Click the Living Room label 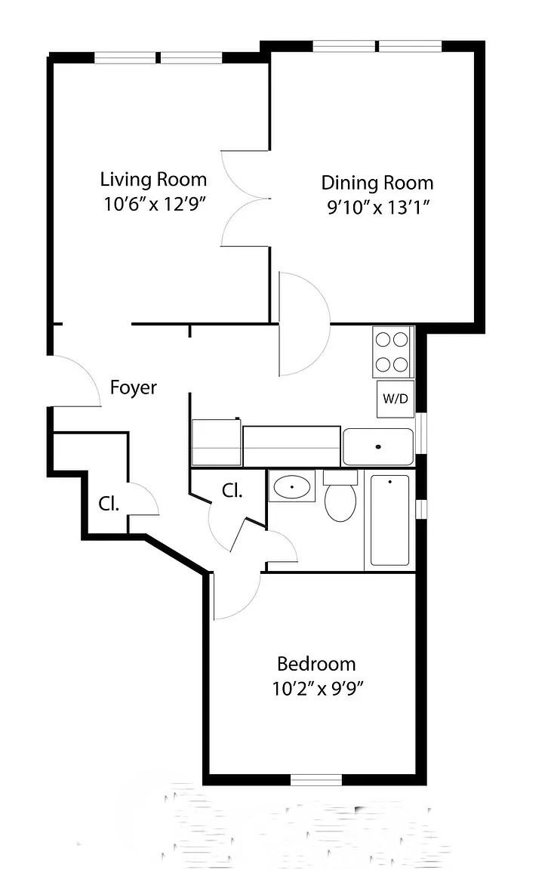point(153,180)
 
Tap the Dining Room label point(377,183)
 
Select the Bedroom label point(316,664)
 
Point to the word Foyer point(134,387)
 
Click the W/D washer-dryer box point(396,399)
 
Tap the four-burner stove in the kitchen point(393,352)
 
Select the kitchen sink point(378,446)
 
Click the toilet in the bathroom point(340,496)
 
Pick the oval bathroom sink point(292,486)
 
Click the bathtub point(389,520)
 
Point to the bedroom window point(316,779)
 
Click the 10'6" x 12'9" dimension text point(155,204)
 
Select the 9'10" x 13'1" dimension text point(378,207)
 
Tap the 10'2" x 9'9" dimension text point(317,689)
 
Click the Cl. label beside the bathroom point(232,490)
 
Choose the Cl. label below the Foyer point(109,504)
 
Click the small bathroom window point(421,508)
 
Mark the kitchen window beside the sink point(421,433)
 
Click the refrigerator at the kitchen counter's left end point(216,443)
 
